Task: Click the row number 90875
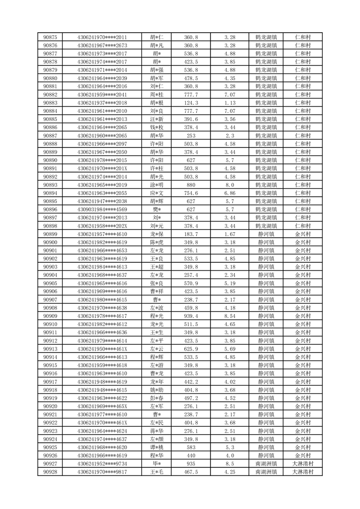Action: tap(50, 37)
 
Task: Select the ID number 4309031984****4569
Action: tap(102, 210)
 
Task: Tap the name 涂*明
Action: tap(157, 185)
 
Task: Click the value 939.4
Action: tap(191, 316)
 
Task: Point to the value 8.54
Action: tap(230, 316)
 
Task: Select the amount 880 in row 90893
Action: tap(191, 185)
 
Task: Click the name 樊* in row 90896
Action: tap(157, 210)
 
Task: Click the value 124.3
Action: tap(191, 103)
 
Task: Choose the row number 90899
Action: tap(50, 234)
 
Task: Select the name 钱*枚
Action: tap(157, 127)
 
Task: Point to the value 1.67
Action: tap(230, 234)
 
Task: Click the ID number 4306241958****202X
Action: tap(102, 226)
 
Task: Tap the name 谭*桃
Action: tap(157, 448)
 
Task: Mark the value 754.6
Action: tap(191, 193)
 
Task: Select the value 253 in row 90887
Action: tap(191, 136)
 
